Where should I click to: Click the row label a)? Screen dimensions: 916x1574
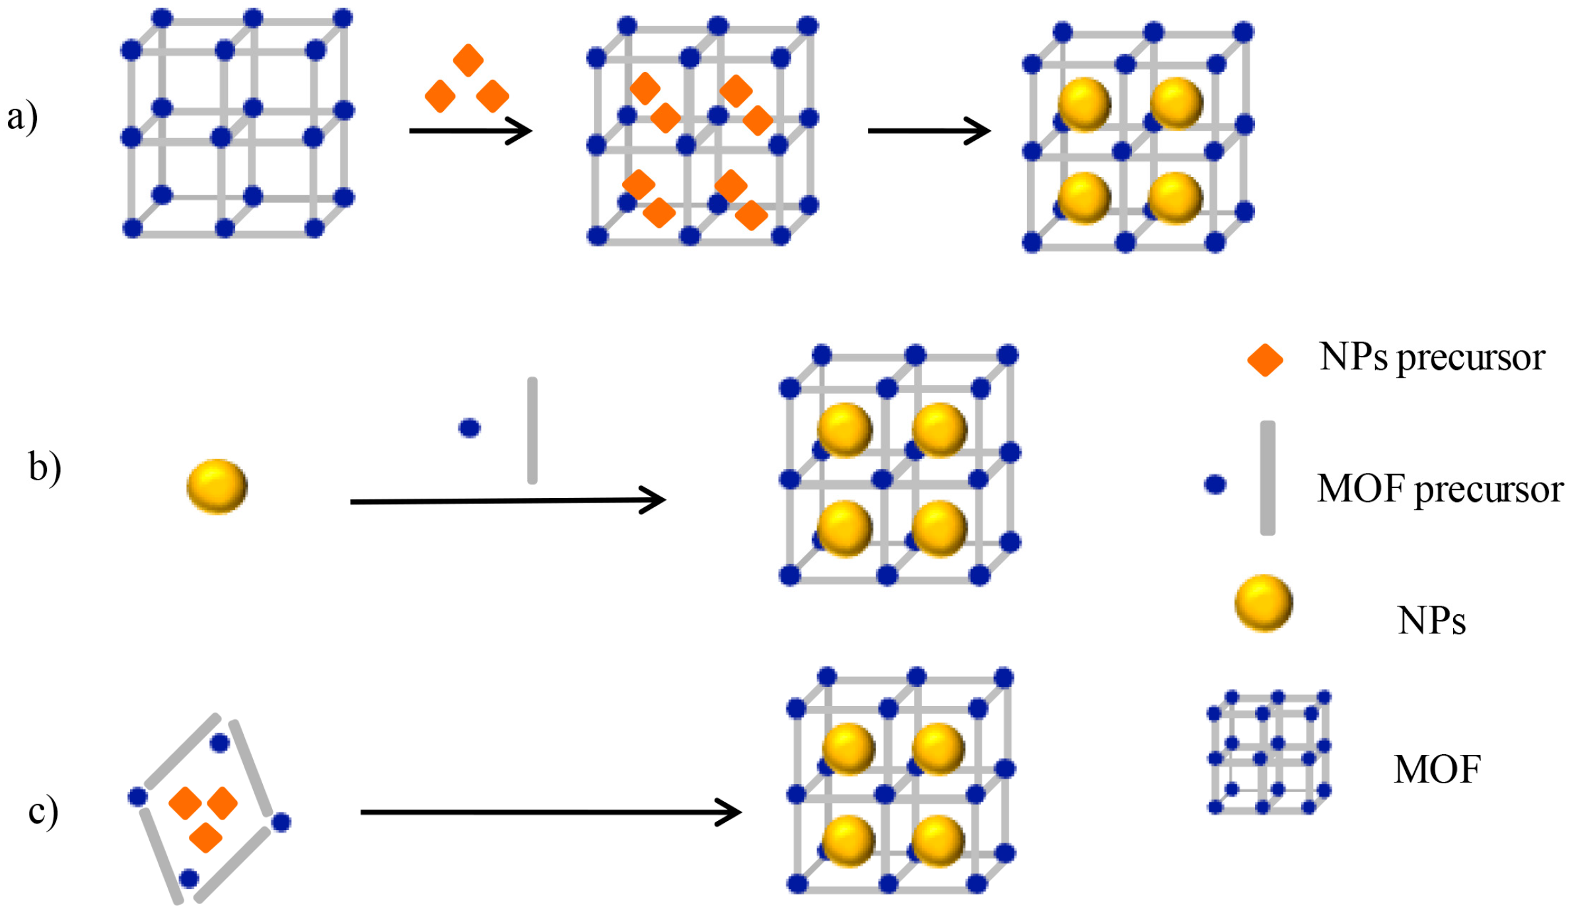point(22,118)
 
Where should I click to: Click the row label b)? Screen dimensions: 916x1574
point(45,468)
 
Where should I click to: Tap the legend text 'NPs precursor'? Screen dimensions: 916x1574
point(1431,359)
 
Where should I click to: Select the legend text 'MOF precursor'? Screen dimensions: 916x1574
point(1440,490)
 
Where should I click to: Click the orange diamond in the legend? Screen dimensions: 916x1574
point(1264,360)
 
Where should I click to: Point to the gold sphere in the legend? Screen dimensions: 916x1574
point(1263,603)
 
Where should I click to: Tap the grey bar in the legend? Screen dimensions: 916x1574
point(1267,477)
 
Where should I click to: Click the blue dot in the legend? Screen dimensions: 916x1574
point(1215,485)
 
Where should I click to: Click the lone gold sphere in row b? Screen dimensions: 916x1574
point(217,487)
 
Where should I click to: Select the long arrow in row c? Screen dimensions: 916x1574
point(550,812)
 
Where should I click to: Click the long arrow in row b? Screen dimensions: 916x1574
point(507,501)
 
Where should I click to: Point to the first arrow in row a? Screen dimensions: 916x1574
point(470,131)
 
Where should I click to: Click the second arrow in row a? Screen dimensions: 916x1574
point(928,131)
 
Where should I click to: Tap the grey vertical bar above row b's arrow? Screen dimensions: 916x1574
point(532,431)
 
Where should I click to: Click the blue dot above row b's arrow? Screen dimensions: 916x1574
point(470,428)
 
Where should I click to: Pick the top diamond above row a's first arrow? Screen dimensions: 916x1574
point(468,60)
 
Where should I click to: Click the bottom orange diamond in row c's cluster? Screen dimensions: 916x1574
point(205,837)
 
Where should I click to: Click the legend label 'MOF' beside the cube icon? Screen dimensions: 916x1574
point(1437,769)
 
